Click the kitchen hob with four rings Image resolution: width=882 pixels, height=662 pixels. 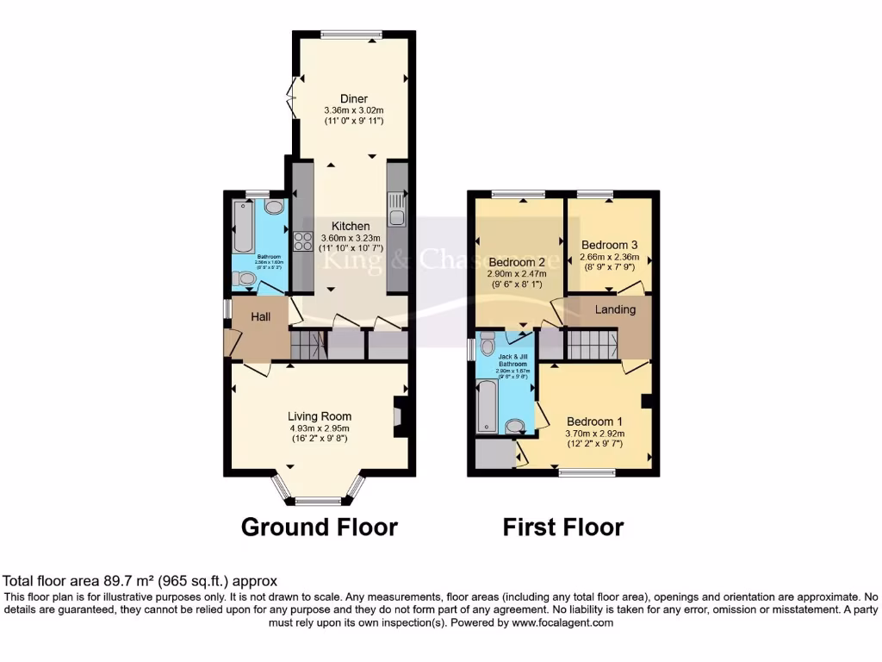point(303,242)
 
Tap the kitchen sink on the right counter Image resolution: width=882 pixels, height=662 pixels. point(396,208)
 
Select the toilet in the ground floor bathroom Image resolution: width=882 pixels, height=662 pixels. point(244,279)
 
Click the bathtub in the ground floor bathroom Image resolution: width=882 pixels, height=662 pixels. point(241,223)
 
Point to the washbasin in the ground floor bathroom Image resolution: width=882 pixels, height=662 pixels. point(274,208)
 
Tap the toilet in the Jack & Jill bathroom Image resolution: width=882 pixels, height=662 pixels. point(488,340)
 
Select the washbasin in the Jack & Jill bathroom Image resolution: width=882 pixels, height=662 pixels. point(515,425)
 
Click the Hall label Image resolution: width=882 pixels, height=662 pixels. point(261,317)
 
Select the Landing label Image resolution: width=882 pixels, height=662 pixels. point(616,309)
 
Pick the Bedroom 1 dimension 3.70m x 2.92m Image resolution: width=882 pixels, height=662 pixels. point(595,434)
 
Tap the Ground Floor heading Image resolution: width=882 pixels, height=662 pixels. point(319,527)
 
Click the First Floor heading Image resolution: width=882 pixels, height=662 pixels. point(563,527)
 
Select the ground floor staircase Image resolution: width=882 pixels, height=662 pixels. point(307,347)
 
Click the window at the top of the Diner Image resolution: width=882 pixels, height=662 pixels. point(351,35)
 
